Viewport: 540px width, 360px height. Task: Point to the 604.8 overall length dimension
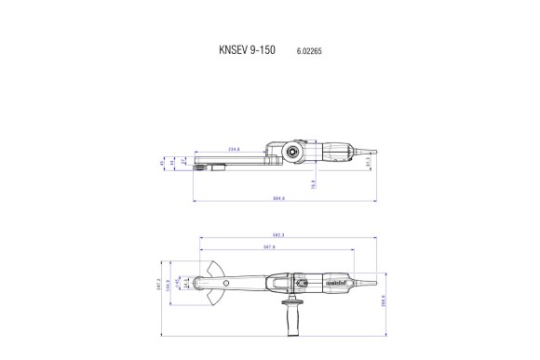pyautogui.click(x=277, y=199)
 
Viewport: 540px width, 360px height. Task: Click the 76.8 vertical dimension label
pyautogui.click(x=314, y=183)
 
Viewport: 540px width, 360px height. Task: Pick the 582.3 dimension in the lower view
pyautogui.click(x=277, y=236)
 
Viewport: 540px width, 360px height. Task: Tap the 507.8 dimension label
pyautogui.click(x=271, y=247)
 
